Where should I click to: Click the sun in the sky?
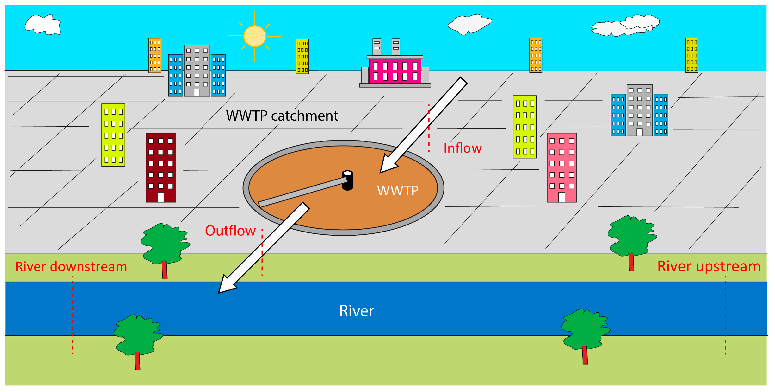point(255,36)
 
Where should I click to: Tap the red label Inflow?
point(462,148)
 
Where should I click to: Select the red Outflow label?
point(230,231)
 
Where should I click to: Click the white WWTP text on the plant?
point(397,190)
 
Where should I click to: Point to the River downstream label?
point(71,266)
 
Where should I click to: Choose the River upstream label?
point(709,266)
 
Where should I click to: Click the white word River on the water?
point(356,311)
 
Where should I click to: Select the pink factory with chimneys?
point(395,63)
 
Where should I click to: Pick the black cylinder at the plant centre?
point(347,180)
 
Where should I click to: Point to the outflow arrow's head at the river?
point(226,285)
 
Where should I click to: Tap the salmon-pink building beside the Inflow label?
point(562,168)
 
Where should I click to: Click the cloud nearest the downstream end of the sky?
point(43,25)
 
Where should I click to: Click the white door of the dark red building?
point(161,197)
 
